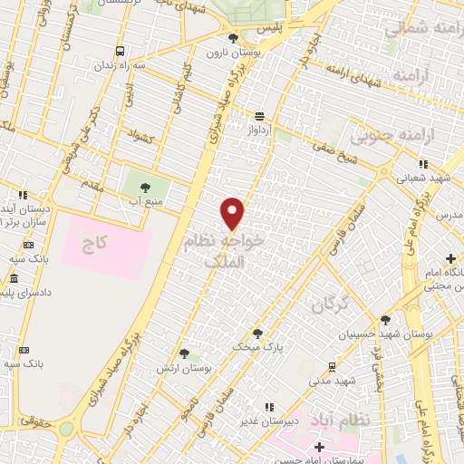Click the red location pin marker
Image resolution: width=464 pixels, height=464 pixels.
(x=234, y=214)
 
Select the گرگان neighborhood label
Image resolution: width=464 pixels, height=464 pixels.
(x=329, y=305)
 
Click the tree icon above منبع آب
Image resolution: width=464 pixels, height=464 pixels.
(x=144, y=188)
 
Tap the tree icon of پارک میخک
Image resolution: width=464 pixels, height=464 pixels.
(x=258, y=333)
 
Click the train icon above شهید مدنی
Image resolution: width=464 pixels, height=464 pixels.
(x=333, y=366)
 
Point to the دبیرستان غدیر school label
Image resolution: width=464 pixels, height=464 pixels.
(x=258, y=420)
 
